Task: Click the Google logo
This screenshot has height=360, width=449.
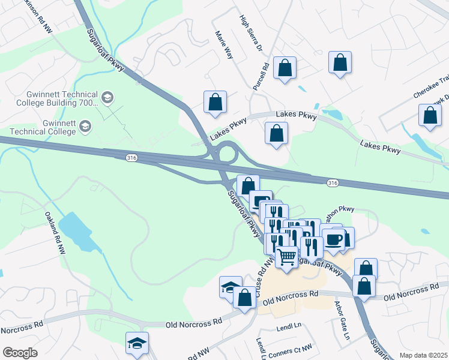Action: coord(20,352)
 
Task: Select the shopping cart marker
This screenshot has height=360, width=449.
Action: coord(287,257)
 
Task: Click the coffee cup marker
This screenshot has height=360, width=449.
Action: coord(334,239)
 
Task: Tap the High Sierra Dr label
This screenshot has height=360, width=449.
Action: coord(251,34)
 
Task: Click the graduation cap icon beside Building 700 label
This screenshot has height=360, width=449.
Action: coord(107,97)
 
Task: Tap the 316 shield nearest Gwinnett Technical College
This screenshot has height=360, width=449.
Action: coord(131,157)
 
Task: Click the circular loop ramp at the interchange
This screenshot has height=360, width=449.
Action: coord(228,152)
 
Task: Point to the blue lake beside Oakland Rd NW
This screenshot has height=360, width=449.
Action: coord(77,231)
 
